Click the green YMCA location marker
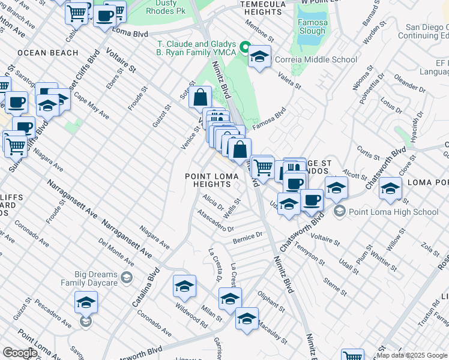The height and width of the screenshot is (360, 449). point(245,47)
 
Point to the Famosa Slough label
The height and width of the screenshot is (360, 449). point(310,26)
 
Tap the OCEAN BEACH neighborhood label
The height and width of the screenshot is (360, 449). point(48,53)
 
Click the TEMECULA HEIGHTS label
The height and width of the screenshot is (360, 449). point(264,8)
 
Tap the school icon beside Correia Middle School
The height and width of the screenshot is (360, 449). point(259,57)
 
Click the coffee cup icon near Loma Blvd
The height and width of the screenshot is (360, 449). point(104,15)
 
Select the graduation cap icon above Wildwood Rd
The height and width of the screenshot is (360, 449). point(185,287)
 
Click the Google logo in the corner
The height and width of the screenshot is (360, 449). point(20,353)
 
